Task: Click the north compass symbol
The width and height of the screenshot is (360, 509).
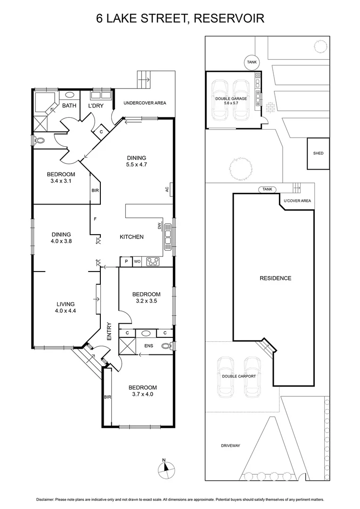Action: [166, 467]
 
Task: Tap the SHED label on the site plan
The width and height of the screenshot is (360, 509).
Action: [318, 153]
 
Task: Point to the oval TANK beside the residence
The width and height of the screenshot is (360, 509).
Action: [267, 189]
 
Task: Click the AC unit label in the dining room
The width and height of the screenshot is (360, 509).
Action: [167, 189]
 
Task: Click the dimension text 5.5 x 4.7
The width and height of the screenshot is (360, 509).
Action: [136, 165]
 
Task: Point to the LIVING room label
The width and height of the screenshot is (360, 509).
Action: [65, 304]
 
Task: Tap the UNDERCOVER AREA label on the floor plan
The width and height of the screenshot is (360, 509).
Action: [145, 103]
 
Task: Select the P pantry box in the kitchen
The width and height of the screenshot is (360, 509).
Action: [126, 261]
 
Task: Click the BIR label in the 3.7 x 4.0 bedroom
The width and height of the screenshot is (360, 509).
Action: [107, 397]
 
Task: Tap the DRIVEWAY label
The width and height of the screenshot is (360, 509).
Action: [230, 445]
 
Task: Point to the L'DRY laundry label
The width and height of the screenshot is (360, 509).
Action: [96, 106]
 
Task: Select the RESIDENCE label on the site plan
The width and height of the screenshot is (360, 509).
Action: [275, 278]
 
